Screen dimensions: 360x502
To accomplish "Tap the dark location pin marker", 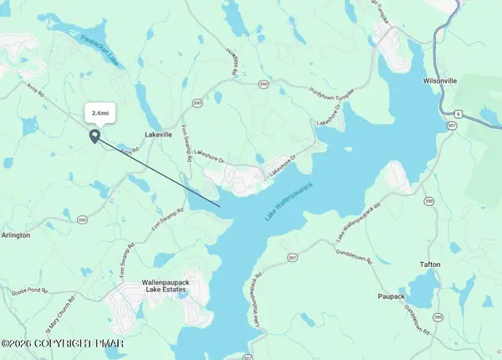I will pos(95,136).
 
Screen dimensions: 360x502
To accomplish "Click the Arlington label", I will pos(15,235).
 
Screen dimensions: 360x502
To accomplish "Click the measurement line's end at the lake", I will pos(220,206).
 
